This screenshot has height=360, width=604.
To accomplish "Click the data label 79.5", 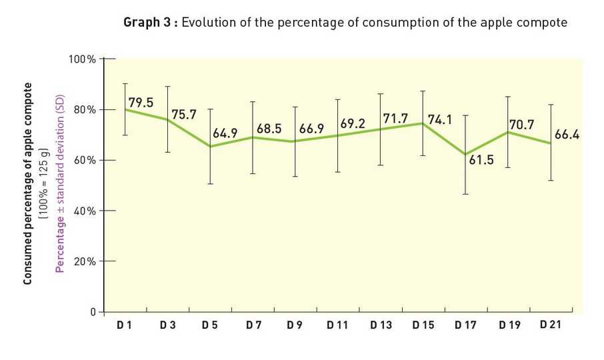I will [141, 103].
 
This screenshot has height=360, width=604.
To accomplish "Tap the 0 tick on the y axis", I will [93, 312].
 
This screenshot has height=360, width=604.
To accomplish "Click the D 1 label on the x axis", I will [125, 325].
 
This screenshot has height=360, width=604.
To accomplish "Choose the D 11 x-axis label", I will [337, 325].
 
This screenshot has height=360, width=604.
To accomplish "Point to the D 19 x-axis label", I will [508, 325].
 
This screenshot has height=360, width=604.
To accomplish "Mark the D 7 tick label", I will [253, 325].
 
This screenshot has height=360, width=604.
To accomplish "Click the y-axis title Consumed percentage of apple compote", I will [28, 184].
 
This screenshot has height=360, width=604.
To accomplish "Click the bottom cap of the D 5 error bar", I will [210, 183].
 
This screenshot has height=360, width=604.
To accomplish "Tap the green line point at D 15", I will [422, 123].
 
